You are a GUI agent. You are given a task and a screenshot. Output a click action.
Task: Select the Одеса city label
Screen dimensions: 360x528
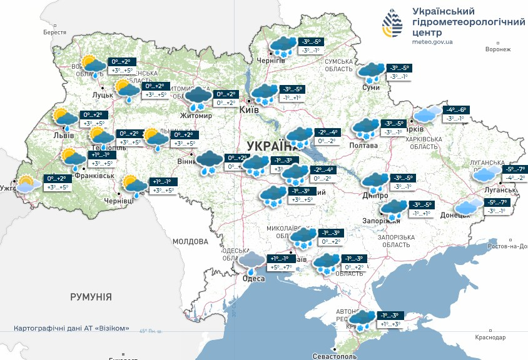click(x=253, y=279)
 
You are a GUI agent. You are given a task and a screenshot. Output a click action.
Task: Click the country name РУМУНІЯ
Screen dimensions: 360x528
click(x=91, y=296)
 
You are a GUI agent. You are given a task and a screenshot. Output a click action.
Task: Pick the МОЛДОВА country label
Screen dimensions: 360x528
click(x=190, y=241)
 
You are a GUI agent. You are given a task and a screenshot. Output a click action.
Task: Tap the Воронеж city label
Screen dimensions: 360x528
click(x=498, y=49)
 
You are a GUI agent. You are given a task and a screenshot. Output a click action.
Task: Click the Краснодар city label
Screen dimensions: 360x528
click(x=489, y=337)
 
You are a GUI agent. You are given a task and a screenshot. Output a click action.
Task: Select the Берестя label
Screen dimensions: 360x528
click(x=54, y=32)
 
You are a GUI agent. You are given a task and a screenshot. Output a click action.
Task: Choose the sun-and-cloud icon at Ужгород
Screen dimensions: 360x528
click(x=26, y=184)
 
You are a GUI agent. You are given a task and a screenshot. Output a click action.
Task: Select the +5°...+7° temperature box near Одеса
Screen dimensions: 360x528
click(x=280, y=267)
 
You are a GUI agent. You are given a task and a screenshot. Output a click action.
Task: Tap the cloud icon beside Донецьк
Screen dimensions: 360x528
click(x=469, y=206)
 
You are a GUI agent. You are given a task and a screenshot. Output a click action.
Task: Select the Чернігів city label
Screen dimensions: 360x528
click(x=271, y=61)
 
